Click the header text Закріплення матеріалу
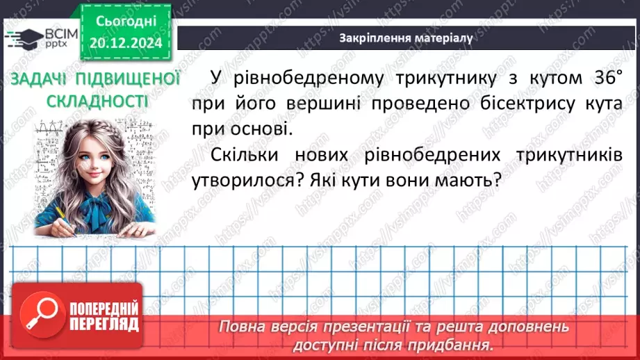click(x=406, y=39)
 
